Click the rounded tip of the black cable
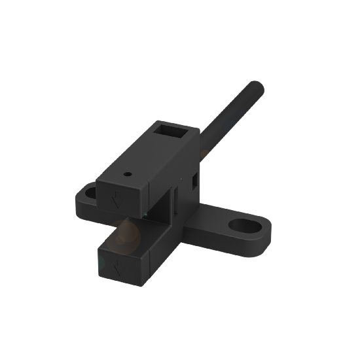tap(256, 86)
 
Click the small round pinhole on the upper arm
tap(128, 175)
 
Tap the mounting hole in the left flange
tap(89, 193)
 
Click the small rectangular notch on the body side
tap(194, 178)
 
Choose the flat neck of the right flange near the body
tap(209, 219)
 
